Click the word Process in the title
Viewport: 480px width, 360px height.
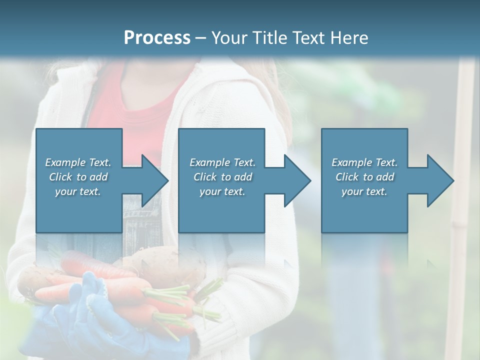[157, 38]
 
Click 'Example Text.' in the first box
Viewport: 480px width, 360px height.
[78, 162]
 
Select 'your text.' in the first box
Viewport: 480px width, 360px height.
[78, 191]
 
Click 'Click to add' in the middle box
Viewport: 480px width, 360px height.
[222, 177]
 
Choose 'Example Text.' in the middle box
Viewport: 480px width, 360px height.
[222, 162]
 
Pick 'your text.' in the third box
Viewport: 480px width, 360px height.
[364, 191]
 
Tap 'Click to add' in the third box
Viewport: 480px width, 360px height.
[364, 177]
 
